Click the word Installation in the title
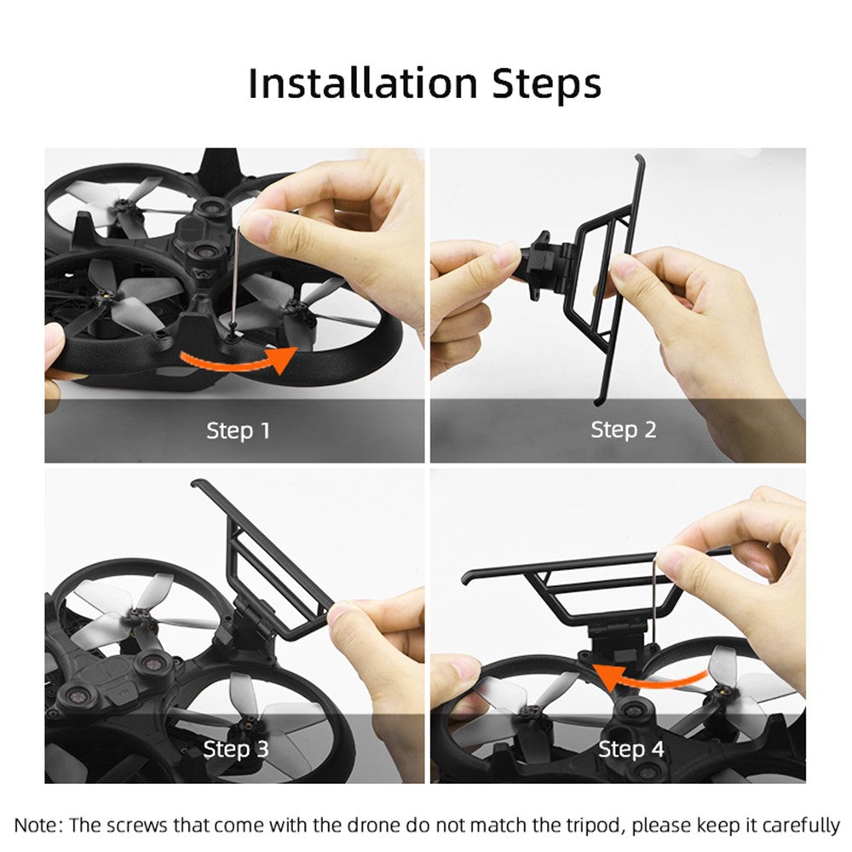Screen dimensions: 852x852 point(362,83)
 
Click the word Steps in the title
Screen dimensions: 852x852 point(547,84)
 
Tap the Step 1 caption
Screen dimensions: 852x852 point(238,430)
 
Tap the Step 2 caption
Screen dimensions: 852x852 point(624,429)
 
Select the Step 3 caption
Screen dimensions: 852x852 point(236,749)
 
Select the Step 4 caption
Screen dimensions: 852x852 point(630,749)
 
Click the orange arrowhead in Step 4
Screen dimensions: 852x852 point(606,676)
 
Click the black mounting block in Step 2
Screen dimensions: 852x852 point(546,265)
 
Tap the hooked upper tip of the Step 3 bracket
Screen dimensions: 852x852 point(197,482)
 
